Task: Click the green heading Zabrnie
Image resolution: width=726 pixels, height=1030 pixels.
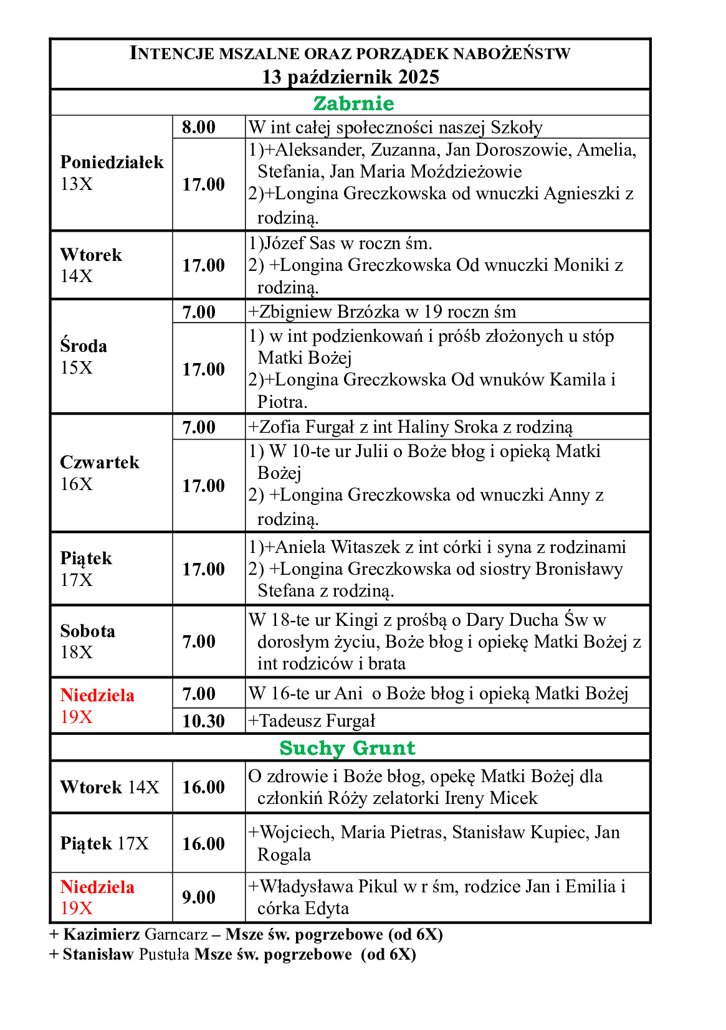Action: [353, 103]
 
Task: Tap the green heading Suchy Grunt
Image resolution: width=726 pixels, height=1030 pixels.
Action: [347, 748]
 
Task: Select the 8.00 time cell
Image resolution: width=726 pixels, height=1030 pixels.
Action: [199, 127]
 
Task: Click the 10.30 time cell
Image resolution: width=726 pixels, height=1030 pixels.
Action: [203, 721]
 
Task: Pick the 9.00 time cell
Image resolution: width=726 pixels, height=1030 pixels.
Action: [199, 897]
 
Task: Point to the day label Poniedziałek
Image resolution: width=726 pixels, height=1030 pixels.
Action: [112, 163]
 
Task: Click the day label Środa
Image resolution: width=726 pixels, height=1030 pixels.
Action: [84, 346]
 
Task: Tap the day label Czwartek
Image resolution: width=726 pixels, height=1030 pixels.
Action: [100, 462]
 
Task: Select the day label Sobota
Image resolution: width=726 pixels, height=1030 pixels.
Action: [88, 631]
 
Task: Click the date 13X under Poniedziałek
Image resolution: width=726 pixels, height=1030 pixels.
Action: [77, 184]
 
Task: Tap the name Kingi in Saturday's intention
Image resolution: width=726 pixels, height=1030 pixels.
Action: [356, 620]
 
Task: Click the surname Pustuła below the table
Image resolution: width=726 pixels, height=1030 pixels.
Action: [164, 955]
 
